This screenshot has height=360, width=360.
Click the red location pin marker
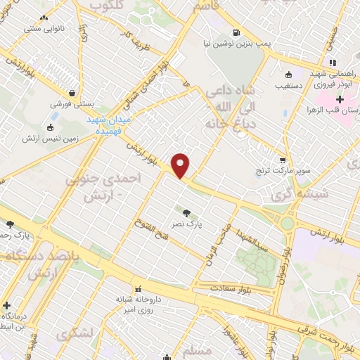(x=181, y=165)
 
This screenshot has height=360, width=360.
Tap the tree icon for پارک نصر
(x=187, y=213)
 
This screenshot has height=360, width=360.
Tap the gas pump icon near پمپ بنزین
(x=235, y=32)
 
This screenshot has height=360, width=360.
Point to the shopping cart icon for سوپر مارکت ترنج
(x=283, y=160)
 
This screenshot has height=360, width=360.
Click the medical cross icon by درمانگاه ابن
(x=7, y=307)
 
